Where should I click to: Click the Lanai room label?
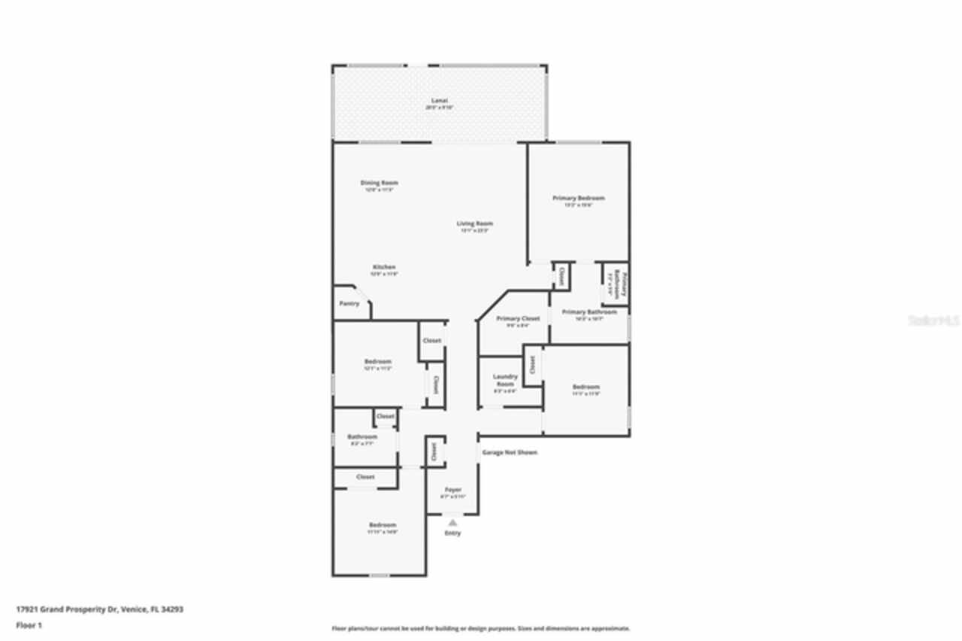tap(439, 100)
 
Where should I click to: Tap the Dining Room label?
tap(379, 183)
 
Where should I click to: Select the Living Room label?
tap(475, 223)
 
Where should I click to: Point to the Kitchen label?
tap(384, 267)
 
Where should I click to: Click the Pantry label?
tap(349, 304)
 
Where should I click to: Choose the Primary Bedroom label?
tap(578, 198)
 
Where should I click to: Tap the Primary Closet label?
tap(519, 318)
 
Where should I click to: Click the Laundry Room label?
tap(505, 380)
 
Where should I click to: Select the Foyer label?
tap(452, 490)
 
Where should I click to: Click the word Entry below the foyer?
tap(452, 533)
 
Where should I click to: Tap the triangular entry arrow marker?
tap(452, 522)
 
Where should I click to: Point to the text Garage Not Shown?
tap(510, 452)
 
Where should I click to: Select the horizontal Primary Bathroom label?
tap(589, 312)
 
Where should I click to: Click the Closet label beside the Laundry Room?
tap(531, 365)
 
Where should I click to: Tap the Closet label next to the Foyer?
tap(434, 451)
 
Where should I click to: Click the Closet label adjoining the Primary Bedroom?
tap(561, 275)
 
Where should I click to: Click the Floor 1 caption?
tap(29, 625)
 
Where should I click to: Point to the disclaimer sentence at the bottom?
tap(481, 628)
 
